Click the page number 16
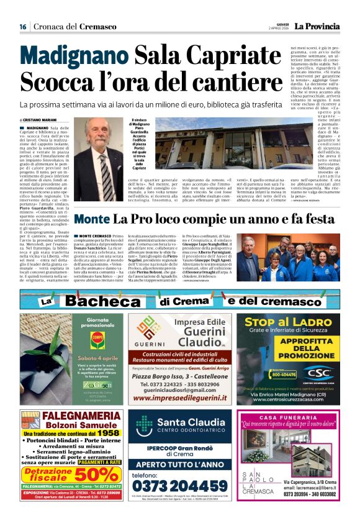pos(22,27)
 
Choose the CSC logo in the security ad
pos(319,373)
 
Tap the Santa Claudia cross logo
pos(145,424)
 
